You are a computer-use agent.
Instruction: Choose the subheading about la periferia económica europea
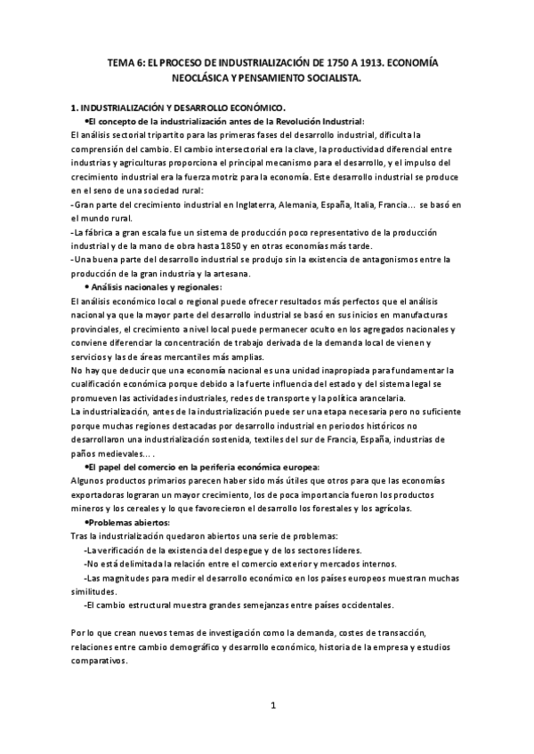(x=199, y=468)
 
